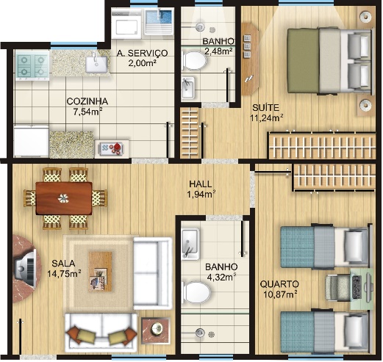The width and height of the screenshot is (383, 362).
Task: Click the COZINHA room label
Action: (x=87, y=101)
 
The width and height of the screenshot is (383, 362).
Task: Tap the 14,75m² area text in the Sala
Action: (x=64, y=273)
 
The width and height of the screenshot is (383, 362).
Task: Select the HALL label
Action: (x=201, y=184)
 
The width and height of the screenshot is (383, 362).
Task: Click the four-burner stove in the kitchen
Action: (x=32, y=65)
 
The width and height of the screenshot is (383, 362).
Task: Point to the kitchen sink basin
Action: (x=96, y=64)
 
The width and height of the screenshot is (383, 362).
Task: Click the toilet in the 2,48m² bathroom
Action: (x=194, y=60)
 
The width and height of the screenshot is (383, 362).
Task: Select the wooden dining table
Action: (x=64, y=198)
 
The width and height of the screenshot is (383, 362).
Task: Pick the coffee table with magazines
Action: (x=100, y=271)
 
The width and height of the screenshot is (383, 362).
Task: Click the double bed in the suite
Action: (x=330, y=60)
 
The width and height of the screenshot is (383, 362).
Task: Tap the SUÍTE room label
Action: (x=266, y=107)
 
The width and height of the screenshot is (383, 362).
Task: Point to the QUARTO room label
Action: (x=279, y=284)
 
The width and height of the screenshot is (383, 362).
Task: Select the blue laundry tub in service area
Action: (x=159, y=21)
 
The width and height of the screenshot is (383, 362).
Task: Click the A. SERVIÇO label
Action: (x=142, y=53)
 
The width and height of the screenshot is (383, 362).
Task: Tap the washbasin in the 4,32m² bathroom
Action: (x=190, y=243)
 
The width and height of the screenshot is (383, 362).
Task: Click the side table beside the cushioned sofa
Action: (x=156, y=330)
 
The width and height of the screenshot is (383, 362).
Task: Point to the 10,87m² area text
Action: (x=280, y=294)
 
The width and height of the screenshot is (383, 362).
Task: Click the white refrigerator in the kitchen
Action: (x=32, y=141)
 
